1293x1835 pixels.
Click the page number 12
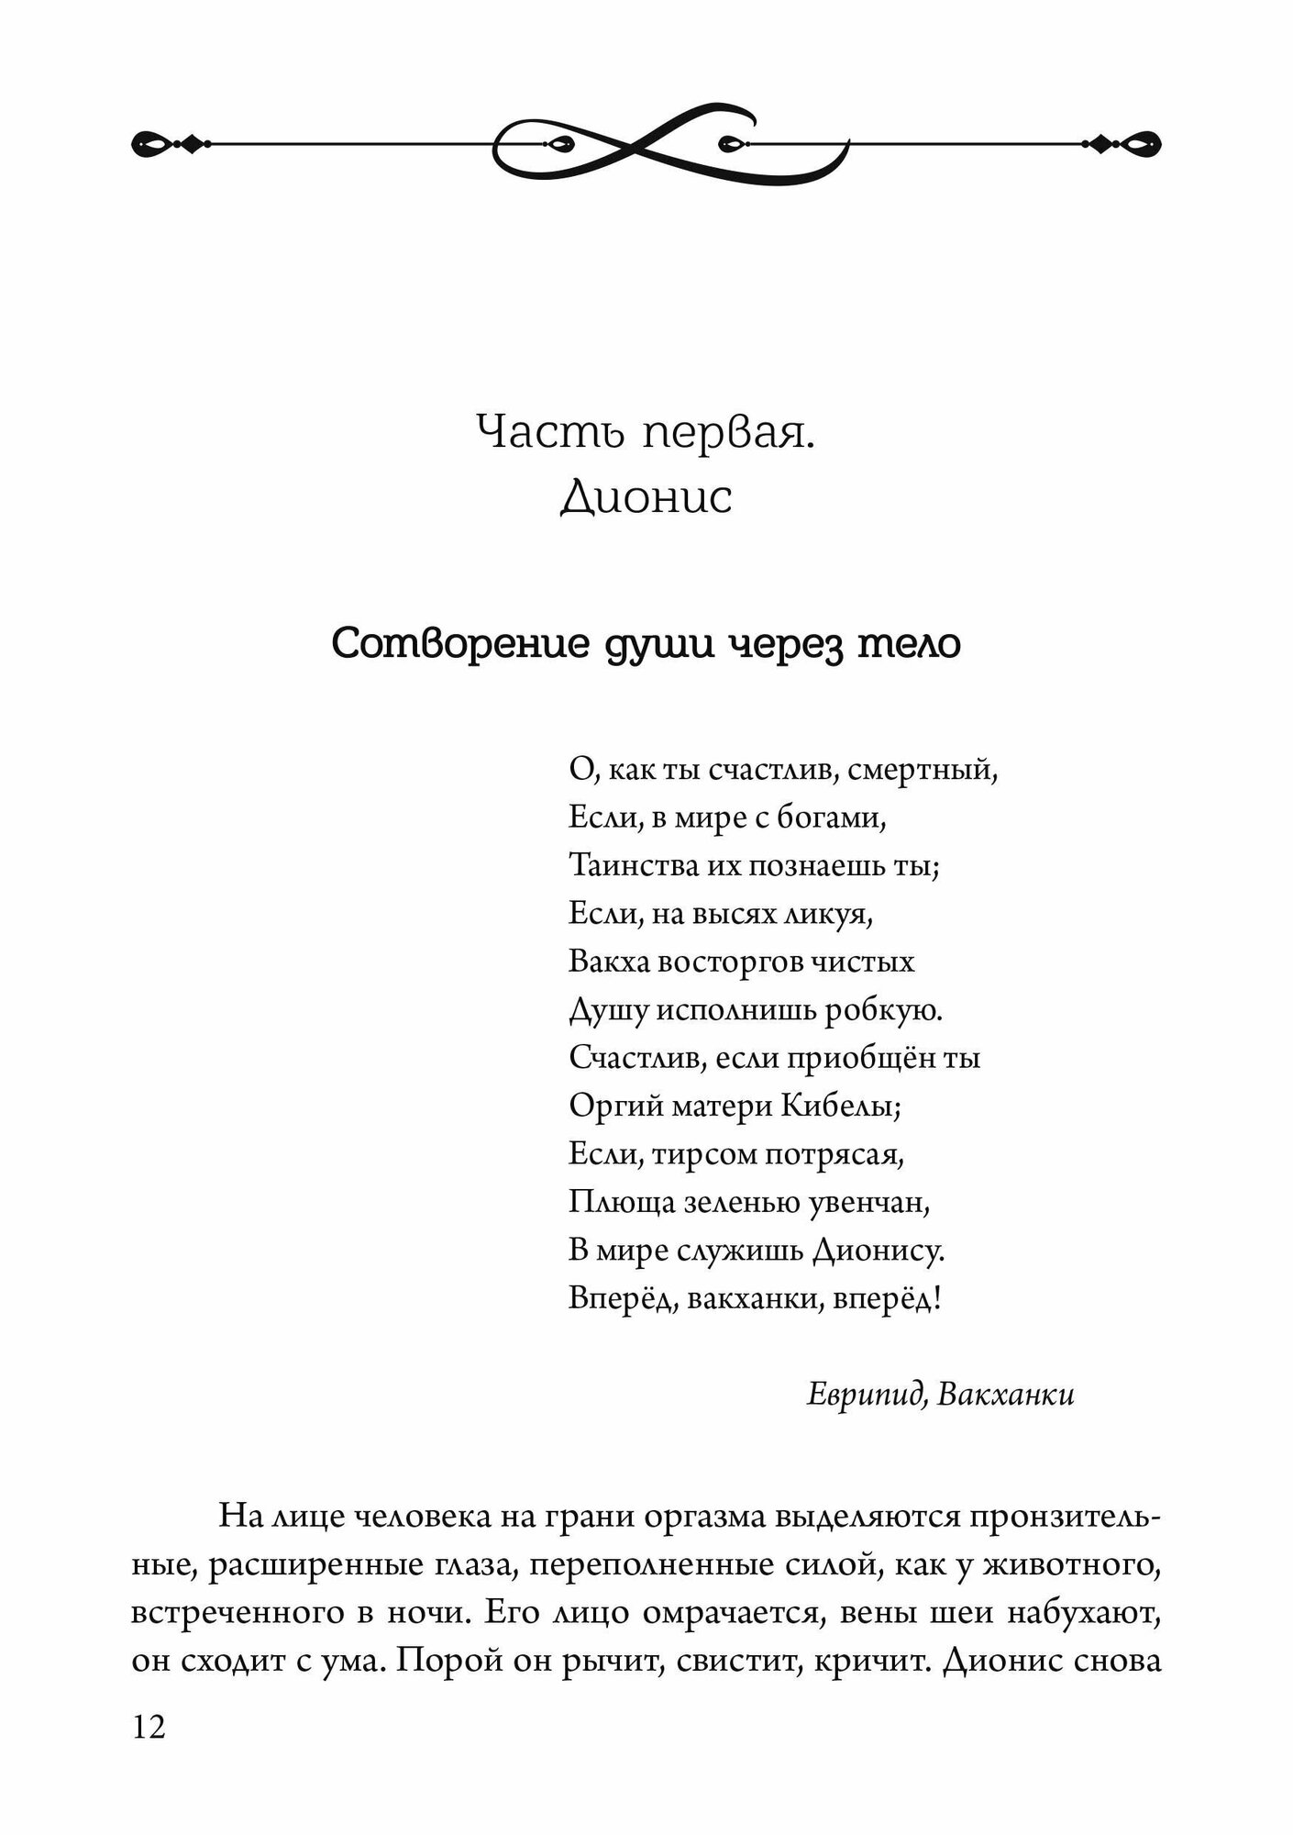click(149, 1728)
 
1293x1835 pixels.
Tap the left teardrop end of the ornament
click(149, 143)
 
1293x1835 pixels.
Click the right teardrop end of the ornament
click(1145, 143)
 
